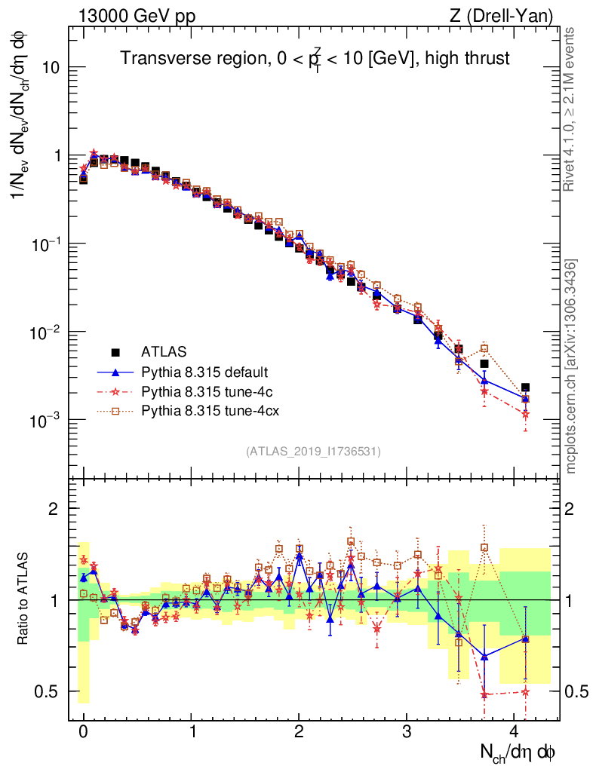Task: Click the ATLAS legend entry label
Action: click(164, 351)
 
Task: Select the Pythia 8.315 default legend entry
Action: click(204, 372)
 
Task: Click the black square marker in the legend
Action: click(115, 351)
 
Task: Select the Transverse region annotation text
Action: click(316, 59)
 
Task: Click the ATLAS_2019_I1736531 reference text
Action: click(313, 452)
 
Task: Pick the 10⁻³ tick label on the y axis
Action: click(53, 419)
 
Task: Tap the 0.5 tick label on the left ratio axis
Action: click(54, 691)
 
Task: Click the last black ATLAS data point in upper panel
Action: click(525, 388)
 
